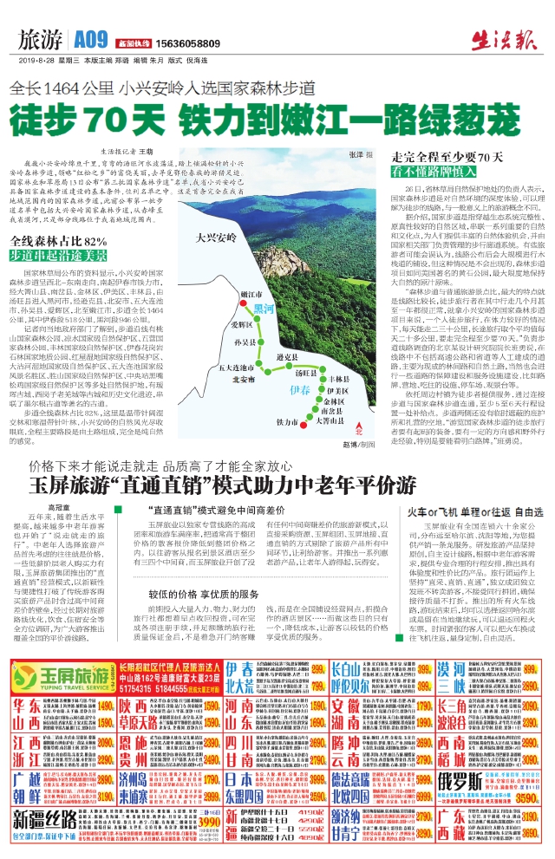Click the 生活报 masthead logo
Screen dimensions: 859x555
tap(511, 36)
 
